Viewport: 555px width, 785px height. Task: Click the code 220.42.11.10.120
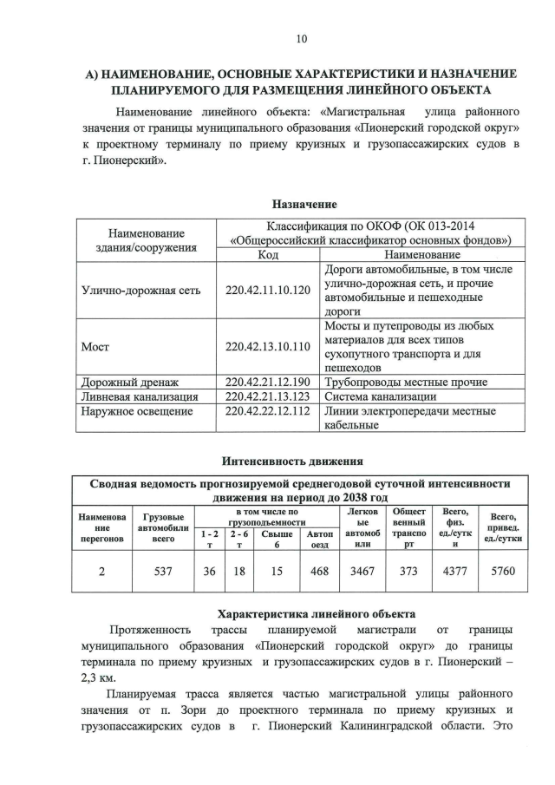267,290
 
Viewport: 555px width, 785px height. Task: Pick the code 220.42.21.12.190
267,382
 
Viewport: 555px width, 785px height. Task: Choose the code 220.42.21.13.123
267,396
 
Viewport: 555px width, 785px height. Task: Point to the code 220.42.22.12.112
267,411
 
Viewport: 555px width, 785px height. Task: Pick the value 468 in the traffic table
318,572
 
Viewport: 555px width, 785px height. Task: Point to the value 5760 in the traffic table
503,572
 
